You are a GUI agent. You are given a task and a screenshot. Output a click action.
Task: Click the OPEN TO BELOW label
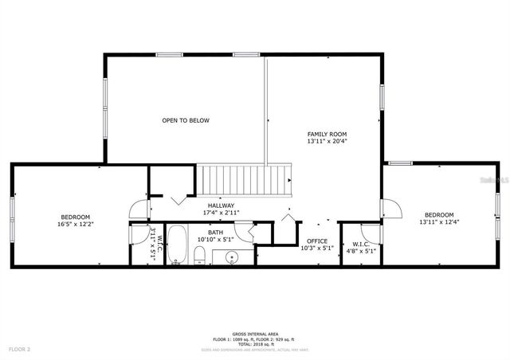(x=185, y=120)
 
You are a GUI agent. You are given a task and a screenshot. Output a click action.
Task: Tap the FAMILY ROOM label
(x=327, y=134)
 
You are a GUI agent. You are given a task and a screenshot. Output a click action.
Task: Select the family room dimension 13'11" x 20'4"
(x=327, y=142)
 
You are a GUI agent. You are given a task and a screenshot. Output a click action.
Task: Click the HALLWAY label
(x=221, y=205)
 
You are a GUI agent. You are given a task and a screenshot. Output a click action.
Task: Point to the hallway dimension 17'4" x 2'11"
(x=221, y=213)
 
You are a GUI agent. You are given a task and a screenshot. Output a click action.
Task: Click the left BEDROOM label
(x=75, y=217)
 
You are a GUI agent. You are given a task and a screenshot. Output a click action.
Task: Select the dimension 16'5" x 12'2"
(x=75, y=225)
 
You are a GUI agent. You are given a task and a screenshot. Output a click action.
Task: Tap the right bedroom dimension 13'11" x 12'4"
(x=438, y=222)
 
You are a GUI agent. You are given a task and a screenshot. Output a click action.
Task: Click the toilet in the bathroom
(x=201, y=255)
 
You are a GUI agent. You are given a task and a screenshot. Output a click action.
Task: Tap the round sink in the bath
(x=232, y=256)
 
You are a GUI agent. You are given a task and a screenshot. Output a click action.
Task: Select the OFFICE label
(x=317, y=241)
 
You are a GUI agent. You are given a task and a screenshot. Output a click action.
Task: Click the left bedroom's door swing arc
(x=139, y=209)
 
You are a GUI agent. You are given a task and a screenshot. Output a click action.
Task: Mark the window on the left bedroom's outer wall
(x=12, y=217)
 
